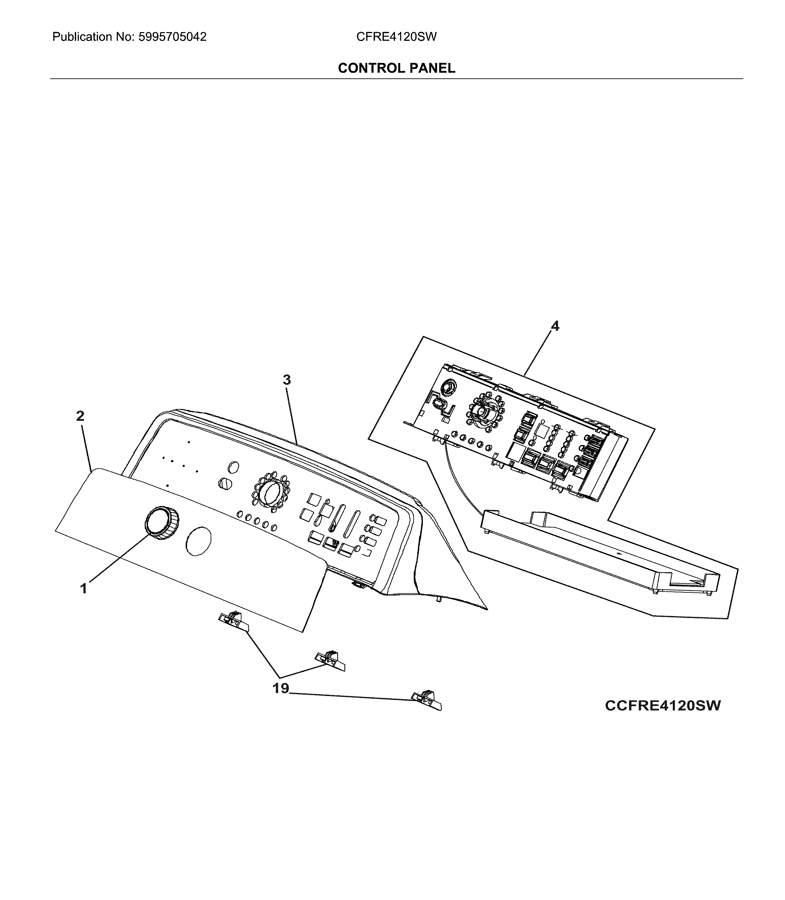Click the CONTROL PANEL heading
pyautogui.click(x=397, y=68)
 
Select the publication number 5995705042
pyautogui.click(x=172, y=37)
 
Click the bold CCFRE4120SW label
pyautogui.click(x=662, y=706)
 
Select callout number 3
pyautogui.click(x=286, y=380)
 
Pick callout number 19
pyautogui.click(x=281, y=688)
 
